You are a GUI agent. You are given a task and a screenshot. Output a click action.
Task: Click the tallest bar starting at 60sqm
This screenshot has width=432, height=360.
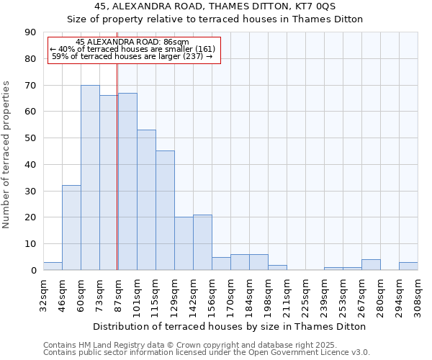90,178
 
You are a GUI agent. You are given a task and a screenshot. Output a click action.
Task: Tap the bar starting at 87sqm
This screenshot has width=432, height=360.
127,181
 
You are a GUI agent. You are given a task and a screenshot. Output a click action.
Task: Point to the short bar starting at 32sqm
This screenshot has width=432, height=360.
53,266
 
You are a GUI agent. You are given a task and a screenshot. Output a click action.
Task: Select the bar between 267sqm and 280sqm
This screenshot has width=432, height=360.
371,265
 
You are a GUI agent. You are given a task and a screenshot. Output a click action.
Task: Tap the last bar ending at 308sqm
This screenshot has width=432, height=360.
408,266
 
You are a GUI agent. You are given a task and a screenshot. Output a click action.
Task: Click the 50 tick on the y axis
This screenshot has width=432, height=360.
30,138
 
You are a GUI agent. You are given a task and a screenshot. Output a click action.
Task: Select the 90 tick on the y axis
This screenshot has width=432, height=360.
30,32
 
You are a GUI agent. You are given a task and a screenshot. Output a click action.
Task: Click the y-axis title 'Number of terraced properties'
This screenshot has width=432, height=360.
6,155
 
